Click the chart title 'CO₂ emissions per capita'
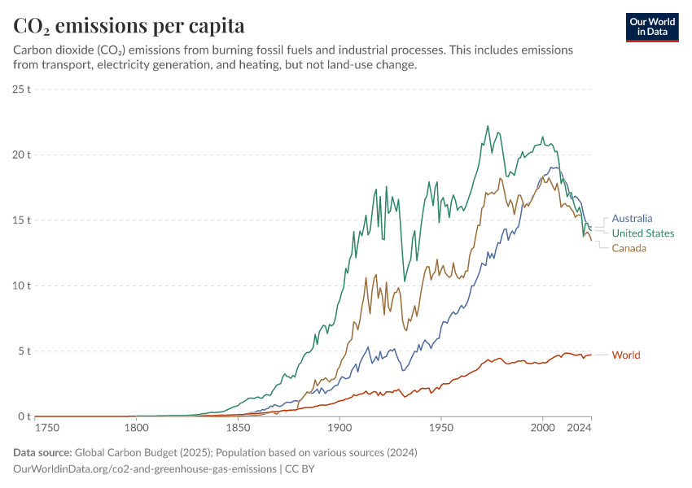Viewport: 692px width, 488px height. click(129, 26)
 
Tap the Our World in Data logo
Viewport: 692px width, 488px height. click(652, 27)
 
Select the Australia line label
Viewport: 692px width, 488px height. click(632, 219)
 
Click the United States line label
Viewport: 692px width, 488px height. click(643, 233)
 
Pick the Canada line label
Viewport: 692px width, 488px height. click(629, 248)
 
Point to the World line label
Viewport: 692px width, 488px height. click(626, 355)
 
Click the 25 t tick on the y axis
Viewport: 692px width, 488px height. click(21, 89)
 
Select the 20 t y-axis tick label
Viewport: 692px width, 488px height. click(21, 155)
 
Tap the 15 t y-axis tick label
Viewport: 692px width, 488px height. click(21, 220)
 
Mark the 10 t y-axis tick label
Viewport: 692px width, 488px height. click(21, 285)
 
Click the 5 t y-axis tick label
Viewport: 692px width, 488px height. click(24, 351)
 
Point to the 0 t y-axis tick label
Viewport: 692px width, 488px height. click(24, 417)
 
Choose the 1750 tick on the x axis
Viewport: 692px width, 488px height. click(48, 428)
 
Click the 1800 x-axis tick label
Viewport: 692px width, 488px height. click(136, 428)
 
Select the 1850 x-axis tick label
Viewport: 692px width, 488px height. click(238, 428)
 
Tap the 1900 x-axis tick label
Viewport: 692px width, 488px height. click(339, 428)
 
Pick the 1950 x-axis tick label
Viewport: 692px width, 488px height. click(441, 428)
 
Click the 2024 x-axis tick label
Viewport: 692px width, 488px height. click(579, 428)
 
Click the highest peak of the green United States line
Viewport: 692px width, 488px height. click(488, 126)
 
